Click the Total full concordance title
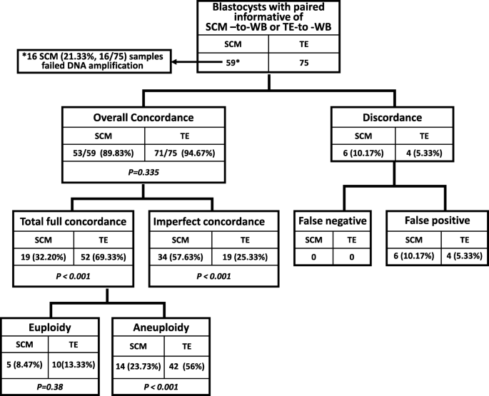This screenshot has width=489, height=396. [x=74, y=222]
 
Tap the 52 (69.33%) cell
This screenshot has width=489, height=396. [x=104, y=255]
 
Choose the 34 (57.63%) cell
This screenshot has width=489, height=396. [x=182, y=255]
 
